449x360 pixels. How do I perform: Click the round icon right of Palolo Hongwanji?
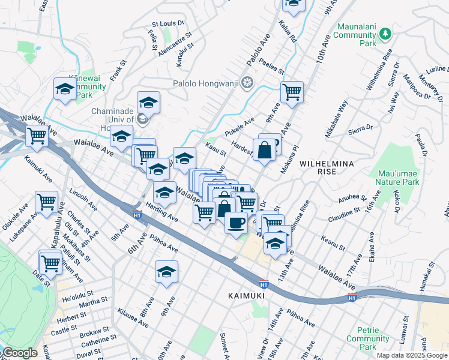246,83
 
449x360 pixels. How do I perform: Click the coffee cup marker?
236,223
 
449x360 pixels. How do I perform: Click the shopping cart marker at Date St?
50,262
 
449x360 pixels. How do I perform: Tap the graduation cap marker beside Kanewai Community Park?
65,90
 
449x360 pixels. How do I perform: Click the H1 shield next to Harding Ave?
137,213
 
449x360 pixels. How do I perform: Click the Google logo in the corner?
19,353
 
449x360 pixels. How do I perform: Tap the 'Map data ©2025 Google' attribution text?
411,355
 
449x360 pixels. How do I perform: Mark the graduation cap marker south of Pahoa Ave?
166,273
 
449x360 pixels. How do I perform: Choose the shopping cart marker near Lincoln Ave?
46,203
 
